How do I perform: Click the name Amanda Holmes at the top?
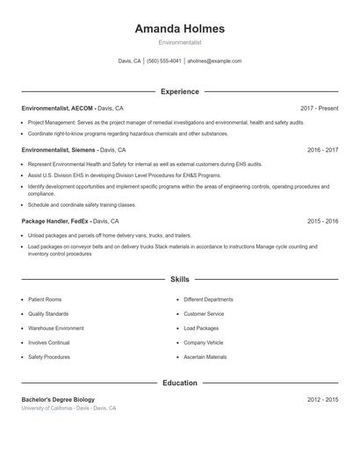pos(179,28)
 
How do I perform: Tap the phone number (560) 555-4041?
pos(164,61)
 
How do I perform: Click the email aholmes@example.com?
pos(214,61)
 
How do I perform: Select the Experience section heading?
pos(179,91)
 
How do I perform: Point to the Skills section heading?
pos(179,280)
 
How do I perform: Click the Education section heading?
pos(179,383)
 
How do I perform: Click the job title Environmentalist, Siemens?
pos(59,150)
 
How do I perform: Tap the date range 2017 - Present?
pos(319,108)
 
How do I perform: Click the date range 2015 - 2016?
pos(322,221)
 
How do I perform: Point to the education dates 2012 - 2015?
pos(322,399)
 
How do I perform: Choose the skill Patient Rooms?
pos(44,299)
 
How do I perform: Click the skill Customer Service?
pos(204,313)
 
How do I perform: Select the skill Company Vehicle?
pos(204,342)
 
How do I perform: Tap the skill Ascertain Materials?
pos(205,357)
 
